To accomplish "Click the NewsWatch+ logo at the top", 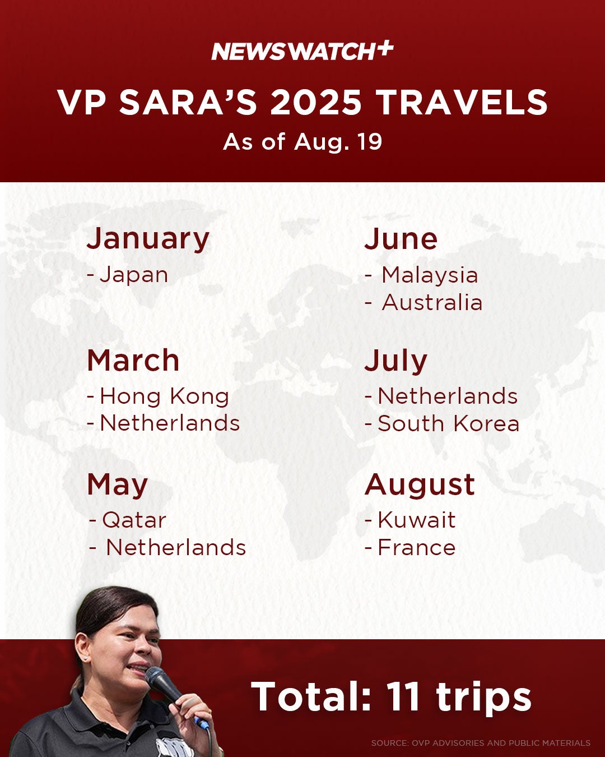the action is pyautogui.click(x=302, y=52).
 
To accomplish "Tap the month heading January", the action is pyautogui.click(x=148, y=240).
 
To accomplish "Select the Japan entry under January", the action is pyautogui.click(x=133, y=275).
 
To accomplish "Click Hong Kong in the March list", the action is pyautogui.click(x=164, y=397).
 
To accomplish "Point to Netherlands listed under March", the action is pyautogui.click(x=170, y=423).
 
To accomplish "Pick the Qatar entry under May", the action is pyautogui.click(x=134, y=520).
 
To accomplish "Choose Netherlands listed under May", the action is pyautogui.click(x=176, y=548).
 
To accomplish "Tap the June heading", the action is pyautogui.click(x=401, y=239).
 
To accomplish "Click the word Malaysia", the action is pyautogui.click(x=430, y=275).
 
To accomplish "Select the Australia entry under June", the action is pyautogui.click(x=432, y=302).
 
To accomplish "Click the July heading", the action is pyautogui.click(x=396, y=361).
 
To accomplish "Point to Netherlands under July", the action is pyautogui.click(x=448, y=396).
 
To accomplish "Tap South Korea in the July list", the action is pyautogui.click(x=448, y=423).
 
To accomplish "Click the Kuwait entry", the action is pyautogui.click(x=417, y=520).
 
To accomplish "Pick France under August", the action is pyautogui.click(x=417, y=548).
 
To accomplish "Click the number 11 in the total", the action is pyautogui.click(x=403, y=696).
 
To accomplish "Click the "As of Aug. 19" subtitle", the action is pyautogui.click(x=302, y=142).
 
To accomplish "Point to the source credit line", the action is pyautogui.click(x=481, y=743).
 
